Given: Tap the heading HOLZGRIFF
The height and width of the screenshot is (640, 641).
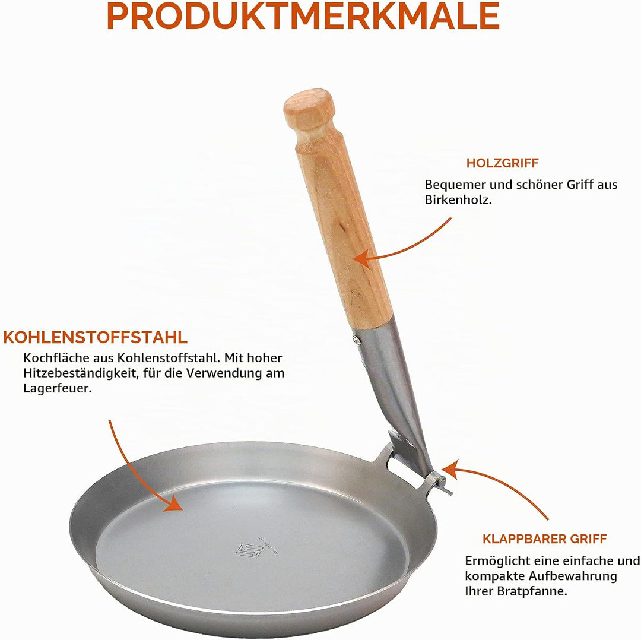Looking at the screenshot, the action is tap(503, 163).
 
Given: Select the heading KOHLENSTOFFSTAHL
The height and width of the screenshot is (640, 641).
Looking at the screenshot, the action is tap(95, 337).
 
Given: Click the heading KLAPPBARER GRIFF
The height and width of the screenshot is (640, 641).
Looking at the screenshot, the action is tap(544, 539).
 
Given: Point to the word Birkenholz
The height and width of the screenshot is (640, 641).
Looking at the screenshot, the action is tap(458, 199).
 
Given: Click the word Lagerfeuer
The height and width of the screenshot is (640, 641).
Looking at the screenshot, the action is tap(57, 388).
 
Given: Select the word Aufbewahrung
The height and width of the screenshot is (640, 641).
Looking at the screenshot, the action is tap(573, 576).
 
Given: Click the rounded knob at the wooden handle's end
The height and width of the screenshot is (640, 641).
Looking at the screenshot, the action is tap(309, 109).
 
